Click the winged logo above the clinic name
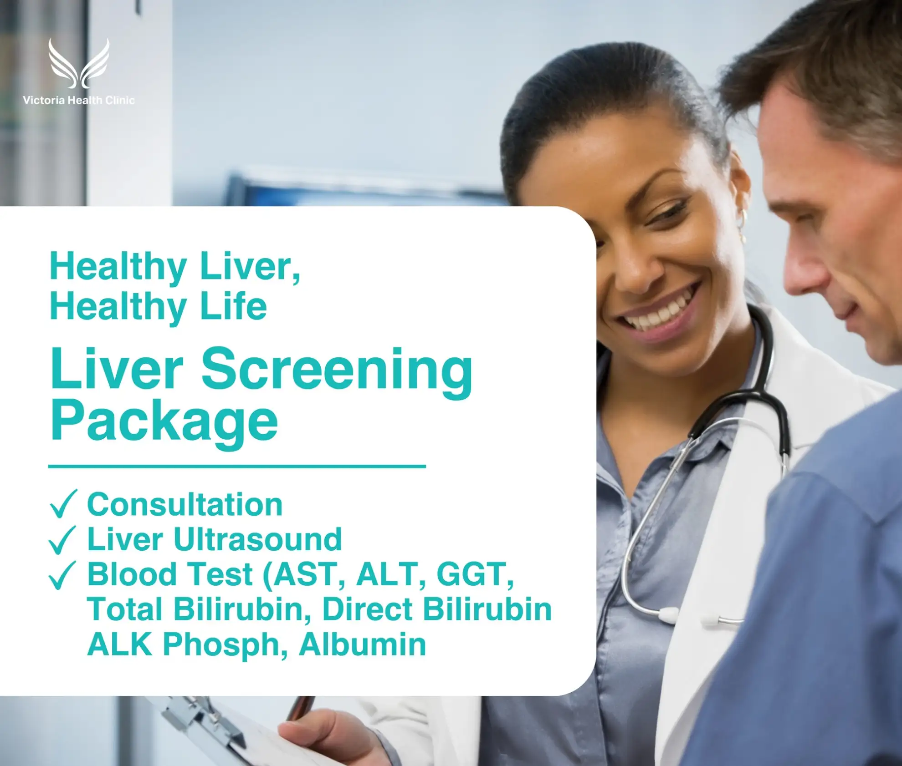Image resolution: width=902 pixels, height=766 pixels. (79, 63)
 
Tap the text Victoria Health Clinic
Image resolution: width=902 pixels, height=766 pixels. (79, 100)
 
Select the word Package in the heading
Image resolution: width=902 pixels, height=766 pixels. (164, 422)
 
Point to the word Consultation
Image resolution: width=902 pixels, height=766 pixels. (185, 505)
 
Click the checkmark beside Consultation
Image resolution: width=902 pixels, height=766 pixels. (63, 504)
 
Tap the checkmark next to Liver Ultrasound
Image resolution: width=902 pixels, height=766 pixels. (62, 540)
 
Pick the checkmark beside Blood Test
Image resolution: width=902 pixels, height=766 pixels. (62, 575)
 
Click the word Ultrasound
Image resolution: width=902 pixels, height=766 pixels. (258, 540)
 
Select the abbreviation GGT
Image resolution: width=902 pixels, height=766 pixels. (471, 574)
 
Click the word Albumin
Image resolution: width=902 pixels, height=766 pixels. (363, 645)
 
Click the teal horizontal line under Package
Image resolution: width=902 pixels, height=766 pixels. (237, 466)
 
